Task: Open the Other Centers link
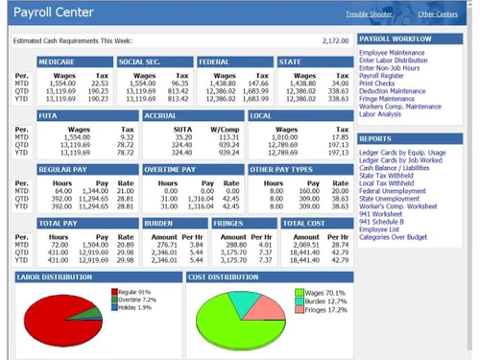point(438,14)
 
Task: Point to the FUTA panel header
point(47,114)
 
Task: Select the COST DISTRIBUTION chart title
point(225,276)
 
